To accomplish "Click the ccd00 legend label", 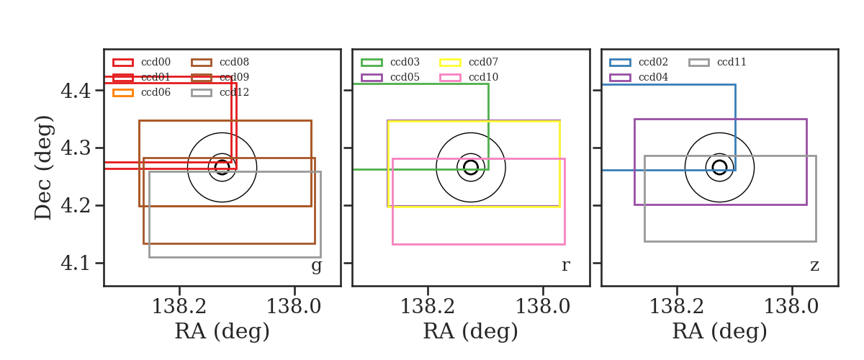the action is [x=156, y=62].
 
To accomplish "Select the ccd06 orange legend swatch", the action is [x=123, y=93].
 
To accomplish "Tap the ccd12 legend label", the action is [x=234, y=93].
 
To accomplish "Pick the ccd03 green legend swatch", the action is [x=372, y=63].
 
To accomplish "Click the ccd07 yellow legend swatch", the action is [x=450, y=63].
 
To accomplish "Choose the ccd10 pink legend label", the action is [x=483, y=77].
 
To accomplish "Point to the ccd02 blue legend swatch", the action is [x=620, y=63].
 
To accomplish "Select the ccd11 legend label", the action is [x=732, y=62].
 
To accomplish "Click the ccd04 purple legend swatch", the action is [x=620, y=78].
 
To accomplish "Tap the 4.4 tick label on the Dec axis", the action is [x=76, y=91].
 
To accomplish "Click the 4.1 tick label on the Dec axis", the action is [x=76, y=264].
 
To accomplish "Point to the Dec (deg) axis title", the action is [x=42, y=168].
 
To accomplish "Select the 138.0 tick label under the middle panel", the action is [x=543, y=307].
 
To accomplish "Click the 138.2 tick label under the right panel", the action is [x=677, y=307].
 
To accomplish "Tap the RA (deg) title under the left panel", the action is [x=222, y=331].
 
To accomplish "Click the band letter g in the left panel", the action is [x=316, y=266].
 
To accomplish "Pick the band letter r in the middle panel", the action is [x=565, y=265].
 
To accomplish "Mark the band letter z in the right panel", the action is [x=814, y=266].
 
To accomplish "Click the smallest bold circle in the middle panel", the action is [x=471, y=168].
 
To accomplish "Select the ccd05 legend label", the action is [x=405, y=77].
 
